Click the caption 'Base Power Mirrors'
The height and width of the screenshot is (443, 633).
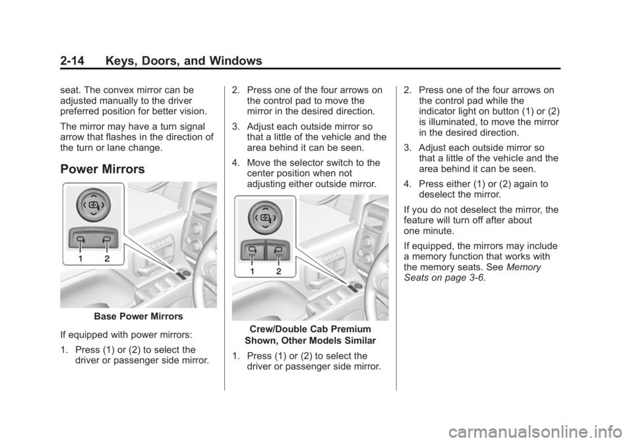pos(138,317)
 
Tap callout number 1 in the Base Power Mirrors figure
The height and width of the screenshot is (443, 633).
pos(81,259)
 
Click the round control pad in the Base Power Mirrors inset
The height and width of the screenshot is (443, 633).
pos(93,205)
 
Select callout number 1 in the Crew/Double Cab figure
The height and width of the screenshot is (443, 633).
pos(253,271)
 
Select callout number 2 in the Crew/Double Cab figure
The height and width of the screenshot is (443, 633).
pos(278,271)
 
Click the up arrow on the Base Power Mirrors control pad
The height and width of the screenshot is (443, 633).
pos(93,194)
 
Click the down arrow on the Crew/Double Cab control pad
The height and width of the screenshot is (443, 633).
pos(265,228)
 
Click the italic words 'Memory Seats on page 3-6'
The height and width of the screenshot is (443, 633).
pos(472,273)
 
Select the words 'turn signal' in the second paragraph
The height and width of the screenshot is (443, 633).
pos(191,127)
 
